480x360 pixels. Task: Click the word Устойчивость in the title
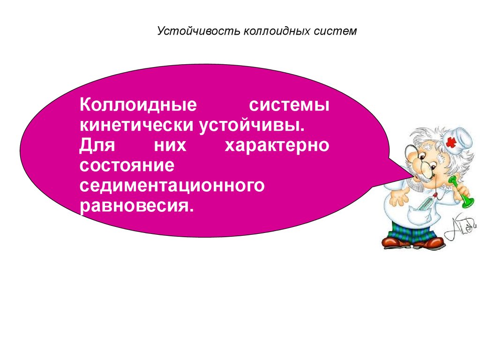[199, 31]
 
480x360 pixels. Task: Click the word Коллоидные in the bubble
[138, 105]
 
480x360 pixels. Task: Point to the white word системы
[289, 105]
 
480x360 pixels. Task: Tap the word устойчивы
[252, 126]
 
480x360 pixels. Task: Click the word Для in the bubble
[97, 145]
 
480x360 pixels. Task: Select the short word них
[170, 146]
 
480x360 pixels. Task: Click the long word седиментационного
[172, 186]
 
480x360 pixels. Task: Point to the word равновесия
[137, 206]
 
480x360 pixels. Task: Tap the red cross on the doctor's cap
[450, 142]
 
